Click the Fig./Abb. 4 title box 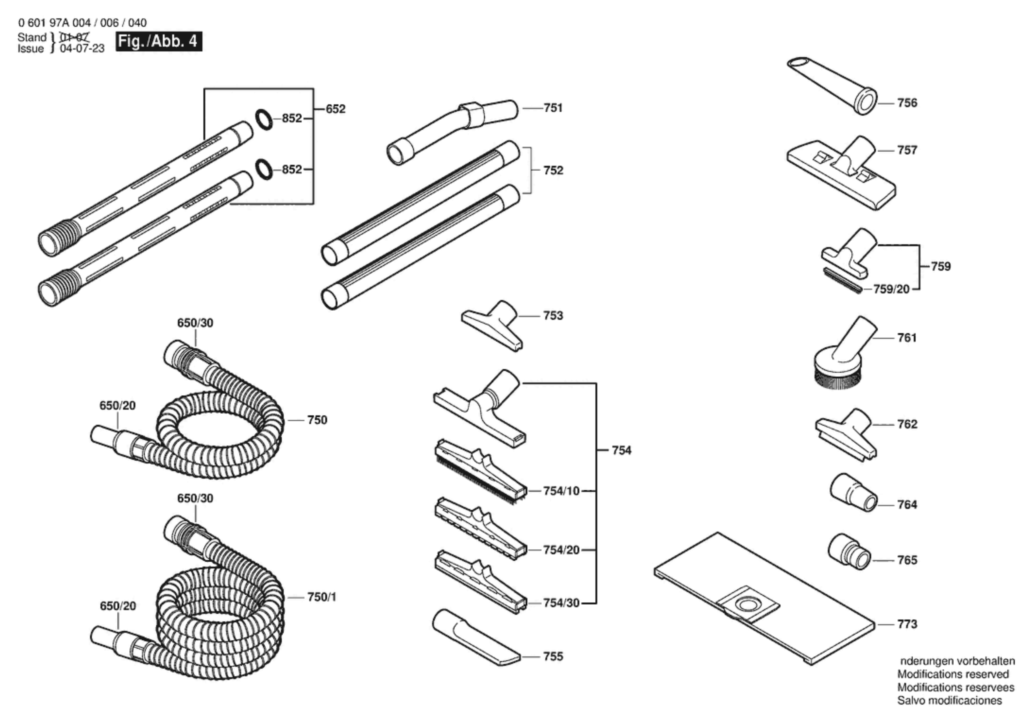pos(159,41)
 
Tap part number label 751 pos(553,108)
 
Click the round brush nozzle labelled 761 pos(840,360)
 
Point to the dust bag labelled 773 pos(764,598)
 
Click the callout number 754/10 pos(561,491)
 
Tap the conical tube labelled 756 pos(832,86)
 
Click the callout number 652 pos(335,109)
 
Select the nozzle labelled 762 pos(845,434)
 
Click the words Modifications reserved pos(953,674)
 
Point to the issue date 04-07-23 pos(82,49)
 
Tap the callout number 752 pos(553,170)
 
